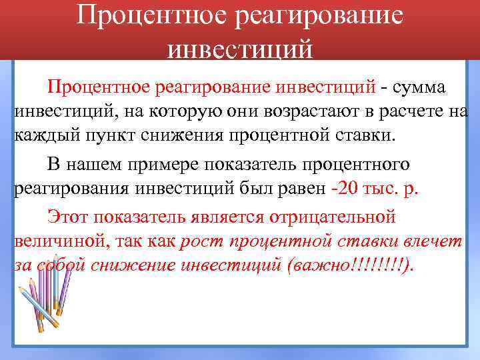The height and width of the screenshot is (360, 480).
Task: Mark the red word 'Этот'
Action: coord(68,216)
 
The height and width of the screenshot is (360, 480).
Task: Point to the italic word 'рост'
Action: coord(199,241)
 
